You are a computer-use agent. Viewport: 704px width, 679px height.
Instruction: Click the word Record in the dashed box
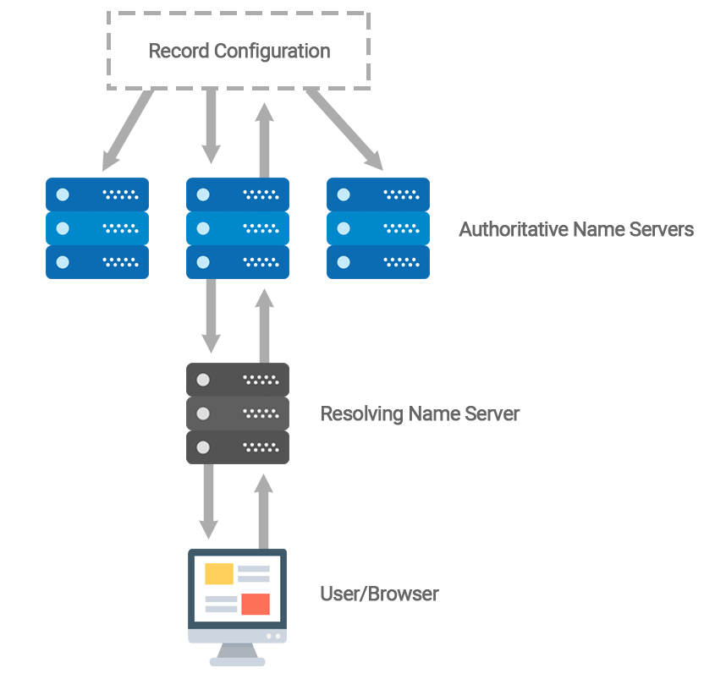tap(179, 51)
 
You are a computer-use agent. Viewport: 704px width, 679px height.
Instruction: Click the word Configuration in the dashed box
tap(272, 52)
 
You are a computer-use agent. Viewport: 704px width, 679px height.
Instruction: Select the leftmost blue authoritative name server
tap(97, 228)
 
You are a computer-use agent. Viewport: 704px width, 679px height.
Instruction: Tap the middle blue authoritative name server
tap(238, 228)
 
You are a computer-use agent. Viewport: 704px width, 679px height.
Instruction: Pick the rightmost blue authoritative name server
tap(378, 228)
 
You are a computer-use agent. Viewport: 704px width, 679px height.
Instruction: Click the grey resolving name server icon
tap(238, 413)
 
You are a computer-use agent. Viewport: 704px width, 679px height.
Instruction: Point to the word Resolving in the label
tap(361, 414)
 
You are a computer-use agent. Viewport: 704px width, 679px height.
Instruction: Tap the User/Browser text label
tap(379, 594)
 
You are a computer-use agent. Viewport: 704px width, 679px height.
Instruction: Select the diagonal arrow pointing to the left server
tap(128, 130)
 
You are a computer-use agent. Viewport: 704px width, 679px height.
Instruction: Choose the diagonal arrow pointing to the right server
tap(344, 129)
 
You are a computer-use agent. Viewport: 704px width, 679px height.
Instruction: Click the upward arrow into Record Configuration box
tap(265, 140)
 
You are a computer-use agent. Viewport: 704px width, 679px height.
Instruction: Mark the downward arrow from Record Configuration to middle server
tap(211, 126)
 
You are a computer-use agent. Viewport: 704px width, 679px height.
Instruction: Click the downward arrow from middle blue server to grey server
tap(211, 316)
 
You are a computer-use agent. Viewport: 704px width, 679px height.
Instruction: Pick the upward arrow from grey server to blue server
tap(265, 326)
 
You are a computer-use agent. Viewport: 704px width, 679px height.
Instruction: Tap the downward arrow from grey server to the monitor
tap(208, 501)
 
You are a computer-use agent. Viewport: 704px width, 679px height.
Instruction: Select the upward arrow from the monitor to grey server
tap(263, 512)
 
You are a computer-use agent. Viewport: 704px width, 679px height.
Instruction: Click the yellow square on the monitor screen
tap(219, 573)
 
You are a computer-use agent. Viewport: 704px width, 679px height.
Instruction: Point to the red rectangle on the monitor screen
tap(256, 604)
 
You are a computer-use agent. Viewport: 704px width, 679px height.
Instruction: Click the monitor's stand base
tap(238, 661)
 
